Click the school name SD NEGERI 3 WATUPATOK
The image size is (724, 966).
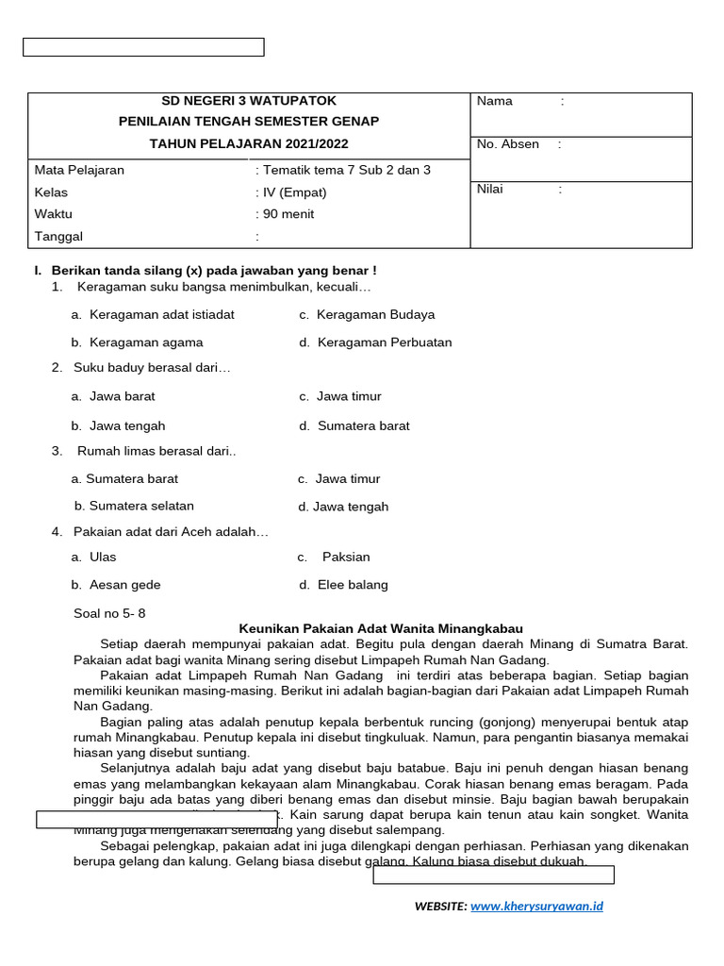pos(249,101)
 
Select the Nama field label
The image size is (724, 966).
pos(495,101)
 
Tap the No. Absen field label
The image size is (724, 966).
pos(508,144)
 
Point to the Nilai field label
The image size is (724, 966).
pos(490,189)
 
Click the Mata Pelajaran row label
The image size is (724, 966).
pos(79,171)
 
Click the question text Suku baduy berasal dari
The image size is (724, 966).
pos(152,368)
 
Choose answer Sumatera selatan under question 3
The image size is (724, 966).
pos(140,506)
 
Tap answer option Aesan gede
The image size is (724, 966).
pos(124,585)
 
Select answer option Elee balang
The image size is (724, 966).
pos(353,585)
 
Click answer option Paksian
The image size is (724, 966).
pos(346,558)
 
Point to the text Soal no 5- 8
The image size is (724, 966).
pos(109,613)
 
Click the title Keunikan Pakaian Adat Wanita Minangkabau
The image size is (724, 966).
pos(381,628)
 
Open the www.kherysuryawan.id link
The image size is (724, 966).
pos(536,907)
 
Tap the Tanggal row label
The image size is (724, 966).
pos(58,237)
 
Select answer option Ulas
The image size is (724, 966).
pos(103,558)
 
